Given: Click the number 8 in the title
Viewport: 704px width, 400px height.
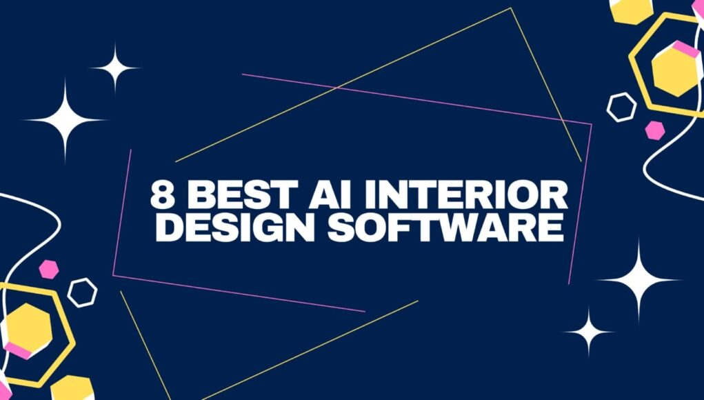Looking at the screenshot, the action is [163, 194].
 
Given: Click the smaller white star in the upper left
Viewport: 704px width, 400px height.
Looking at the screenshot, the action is [115, 68].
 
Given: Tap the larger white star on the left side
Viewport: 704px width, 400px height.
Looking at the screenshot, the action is [65, 120].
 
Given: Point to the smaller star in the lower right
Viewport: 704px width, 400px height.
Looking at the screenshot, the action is [589, 332].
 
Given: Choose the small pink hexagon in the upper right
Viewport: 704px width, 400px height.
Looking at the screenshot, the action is [655, 130].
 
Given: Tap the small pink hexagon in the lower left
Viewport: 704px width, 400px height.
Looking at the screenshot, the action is [48, 270].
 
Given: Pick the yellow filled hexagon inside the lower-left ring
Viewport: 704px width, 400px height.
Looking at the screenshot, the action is [28, 328].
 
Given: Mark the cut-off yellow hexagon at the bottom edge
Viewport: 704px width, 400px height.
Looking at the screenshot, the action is [72, 388].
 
